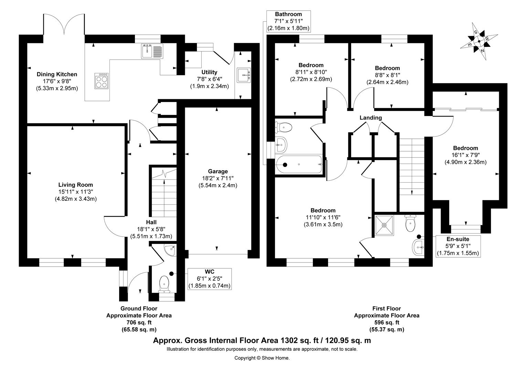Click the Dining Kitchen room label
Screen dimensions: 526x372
[x=57, y=74]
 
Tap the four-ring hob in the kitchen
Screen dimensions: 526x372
[x=102, y=81]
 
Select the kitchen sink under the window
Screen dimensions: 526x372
[x=152, y=51]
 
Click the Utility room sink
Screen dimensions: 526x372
[x=244, y=75]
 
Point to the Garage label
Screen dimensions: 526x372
[x=218, y=171]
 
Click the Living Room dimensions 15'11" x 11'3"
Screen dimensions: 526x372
[x=76, y=192]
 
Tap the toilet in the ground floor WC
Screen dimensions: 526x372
[x=164, y=284]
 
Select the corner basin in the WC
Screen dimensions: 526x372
[x=170, y=250]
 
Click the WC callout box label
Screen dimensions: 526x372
[x=209, y=279]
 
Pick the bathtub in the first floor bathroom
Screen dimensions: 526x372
[x=299, y=165]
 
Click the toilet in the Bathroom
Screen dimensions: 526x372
[x=283, y=127]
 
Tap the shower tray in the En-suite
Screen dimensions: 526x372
[x=384, y=225]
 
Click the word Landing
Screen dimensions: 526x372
[x=371, y=117]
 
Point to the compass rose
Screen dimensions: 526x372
[x=479, y=41]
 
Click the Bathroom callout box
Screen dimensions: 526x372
[x=288, y=21]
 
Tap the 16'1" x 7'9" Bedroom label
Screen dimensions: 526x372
[x=465, y=155]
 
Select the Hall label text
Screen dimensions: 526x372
[x=151, y=222]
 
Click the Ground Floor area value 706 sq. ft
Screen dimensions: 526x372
[x=139, y=322]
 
